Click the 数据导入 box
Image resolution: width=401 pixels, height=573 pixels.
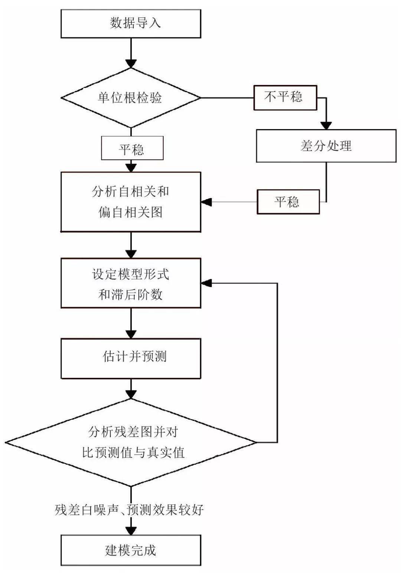click(131, 23)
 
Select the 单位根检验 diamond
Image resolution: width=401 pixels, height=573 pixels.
click(131, 98)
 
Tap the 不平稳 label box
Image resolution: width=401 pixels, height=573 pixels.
click(285, 98)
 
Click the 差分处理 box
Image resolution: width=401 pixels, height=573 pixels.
click(326, 146)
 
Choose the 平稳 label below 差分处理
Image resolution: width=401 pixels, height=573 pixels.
click(288, 202)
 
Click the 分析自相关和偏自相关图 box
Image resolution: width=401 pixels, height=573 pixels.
click(131, 202)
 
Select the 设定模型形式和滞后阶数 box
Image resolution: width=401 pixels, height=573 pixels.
click(131, 283)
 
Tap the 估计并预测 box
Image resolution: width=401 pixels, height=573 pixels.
click(131, 357)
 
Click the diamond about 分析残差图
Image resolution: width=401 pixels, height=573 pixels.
click(131, 442)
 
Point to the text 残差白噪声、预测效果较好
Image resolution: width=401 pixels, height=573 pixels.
click(129, 510)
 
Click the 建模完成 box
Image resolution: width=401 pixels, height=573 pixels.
click(131, 550)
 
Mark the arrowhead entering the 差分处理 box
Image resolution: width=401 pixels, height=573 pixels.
click(326, 125)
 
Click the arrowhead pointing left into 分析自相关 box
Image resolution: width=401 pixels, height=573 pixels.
click(206, 202)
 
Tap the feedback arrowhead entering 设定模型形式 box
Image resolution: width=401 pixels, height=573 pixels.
click(206, 283)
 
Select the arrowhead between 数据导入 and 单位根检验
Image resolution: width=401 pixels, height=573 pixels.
click(131, 63)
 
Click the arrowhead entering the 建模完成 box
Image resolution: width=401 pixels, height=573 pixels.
click(131, 530)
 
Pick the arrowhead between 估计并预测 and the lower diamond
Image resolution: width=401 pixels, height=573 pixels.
click(131, 394)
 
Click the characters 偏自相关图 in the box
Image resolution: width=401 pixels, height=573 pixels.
click(131, 213)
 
